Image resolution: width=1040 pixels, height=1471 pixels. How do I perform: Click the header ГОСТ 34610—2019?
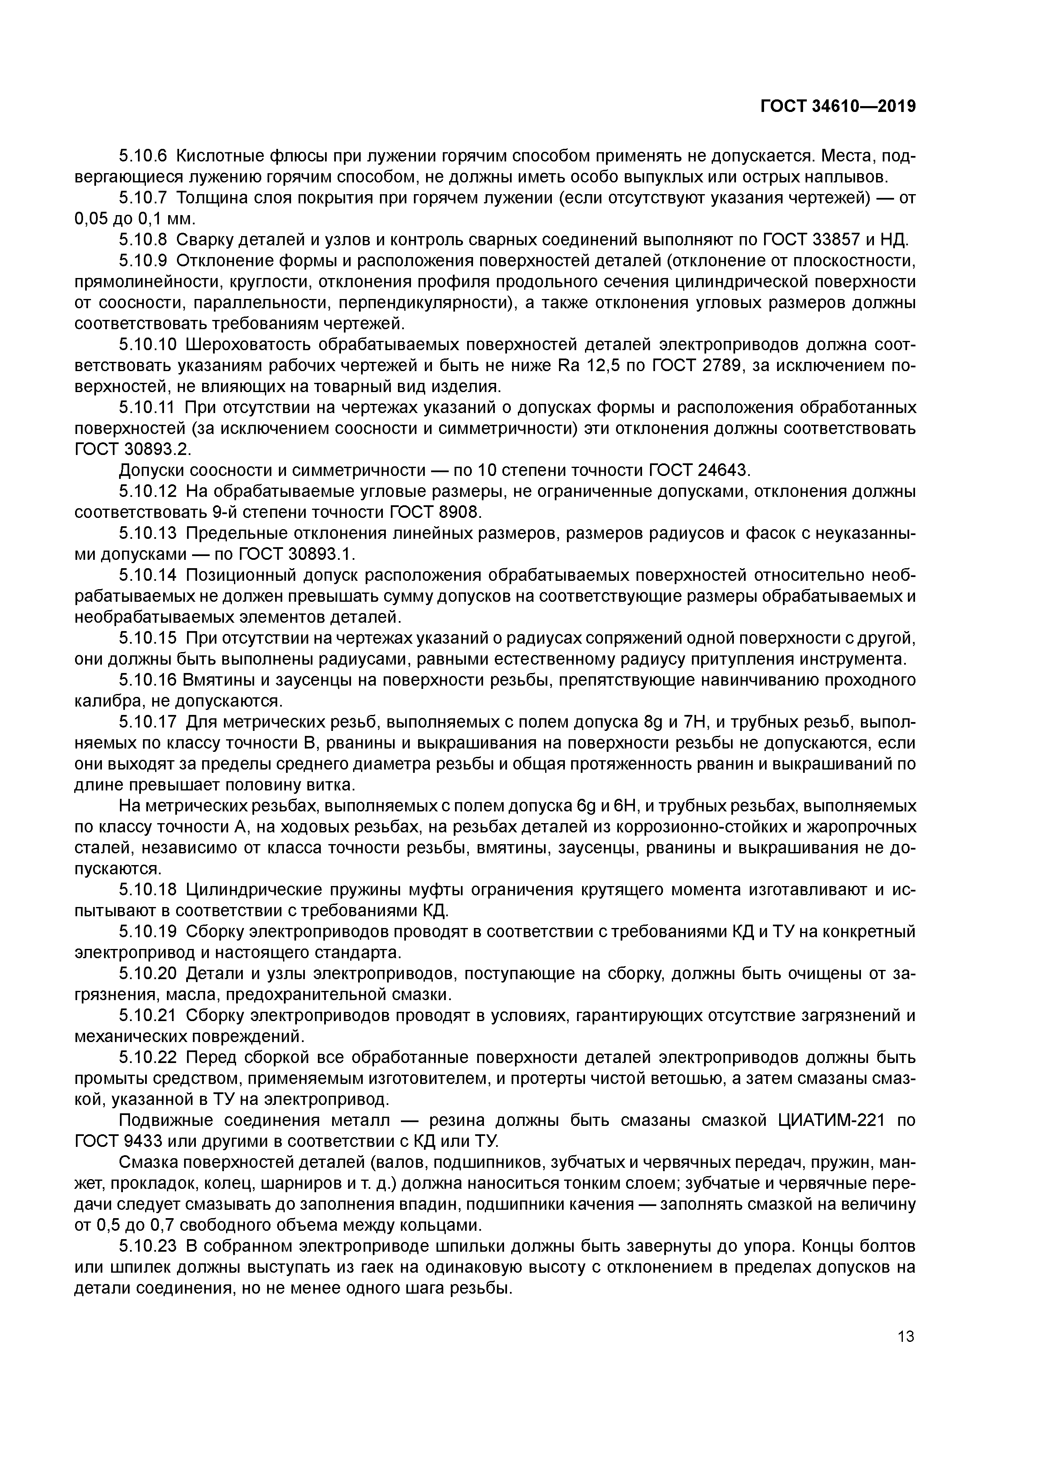coord(837,107)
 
